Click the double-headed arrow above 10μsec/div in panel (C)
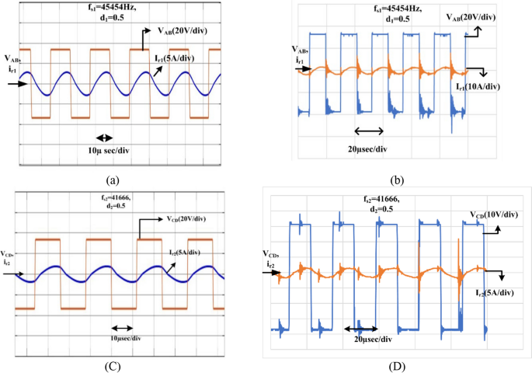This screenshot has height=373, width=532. pyautogui.click(x=123, y=328)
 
